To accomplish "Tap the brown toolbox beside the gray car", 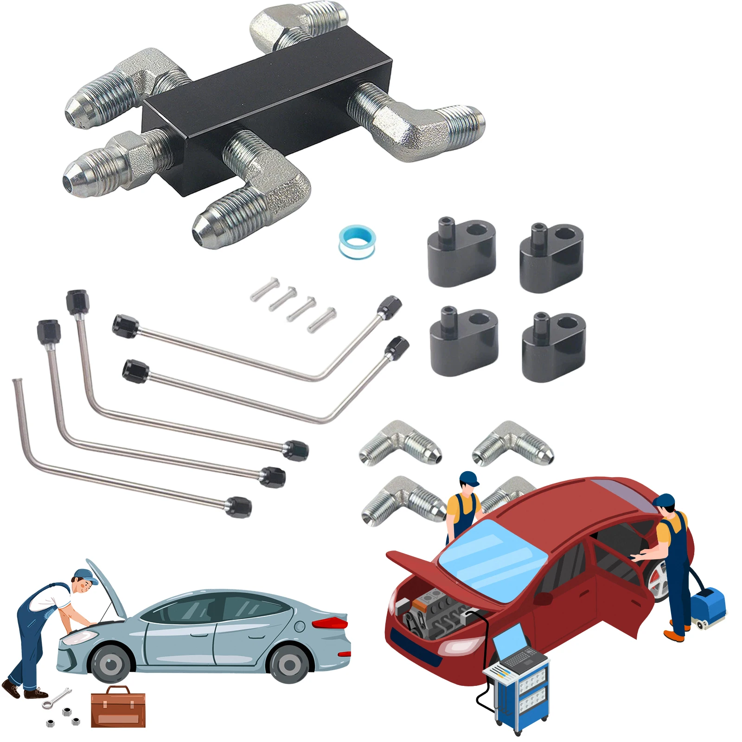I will pyautogui.click(x=118, y=707).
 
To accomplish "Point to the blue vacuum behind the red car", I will pyautogui.click(x=707, y=605).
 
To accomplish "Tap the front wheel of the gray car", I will pyautogui.click(x=111, y=665).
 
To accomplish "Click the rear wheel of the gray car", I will pyautogui.click(x=289, y=665).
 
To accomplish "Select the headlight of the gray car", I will pyautogui.click(x=74, y=639).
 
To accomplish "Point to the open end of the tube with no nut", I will pyautogui.click(x=16, y=382).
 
